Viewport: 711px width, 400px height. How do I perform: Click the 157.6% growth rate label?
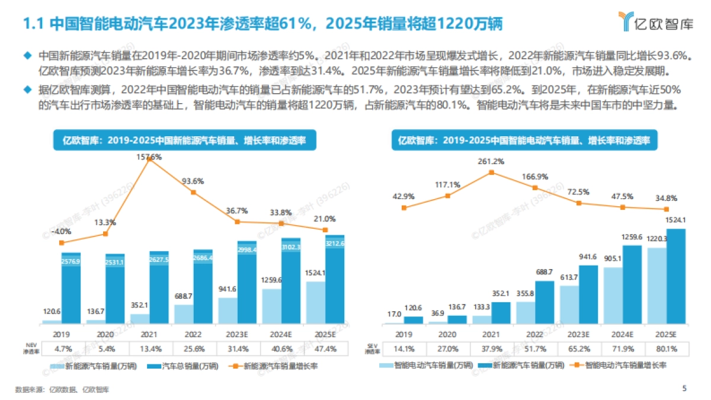[x=149, y=157]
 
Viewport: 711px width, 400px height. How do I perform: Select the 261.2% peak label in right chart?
[x=491, y=161]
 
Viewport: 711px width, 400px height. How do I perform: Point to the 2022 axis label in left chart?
[x=193, y=334]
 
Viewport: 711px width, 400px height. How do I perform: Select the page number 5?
[x=684, y=389]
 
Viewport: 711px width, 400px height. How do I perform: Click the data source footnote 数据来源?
[x=62, y=389]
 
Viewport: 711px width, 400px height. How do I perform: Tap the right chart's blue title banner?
[x=524, y=140]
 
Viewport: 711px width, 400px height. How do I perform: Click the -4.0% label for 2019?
[x=62, y=232]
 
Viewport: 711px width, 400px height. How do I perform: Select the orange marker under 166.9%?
[x=535, y=188]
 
